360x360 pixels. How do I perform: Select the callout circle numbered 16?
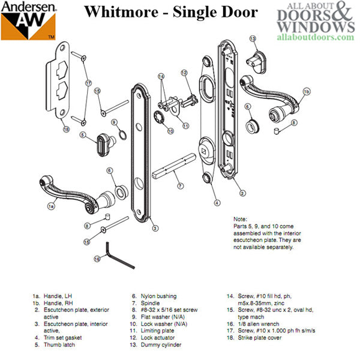click(97, 259)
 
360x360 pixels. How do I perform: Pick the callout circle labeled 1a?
click(51, 205)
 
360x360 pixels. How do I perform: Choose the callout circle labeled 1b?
click(306, 92)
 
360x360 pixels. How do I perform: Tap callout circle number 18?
click(65, 129)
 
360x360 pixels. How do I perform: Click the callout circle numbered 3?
click(155, 228)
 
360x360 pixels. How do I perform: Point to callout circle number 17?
click(88, 83)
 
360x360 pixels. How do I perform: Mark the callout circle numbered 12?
click(185, 73)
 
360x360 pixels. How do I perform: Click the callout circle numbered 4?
click(217, 202)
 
